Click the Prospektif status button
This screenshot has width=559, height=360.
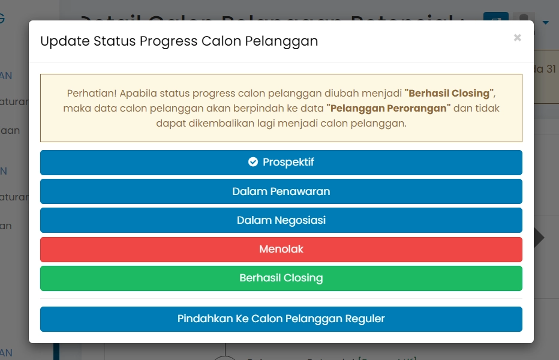(x=281, y=163)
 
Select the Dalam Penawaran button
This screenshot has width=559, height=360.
(x=281, y=191)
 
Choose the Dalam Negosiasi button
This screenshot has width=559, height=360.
(x=281, y=220)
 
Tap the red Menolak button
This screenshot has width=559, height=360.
(x=281, y=249)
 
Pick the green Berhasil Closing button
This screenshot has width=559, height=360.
(x=281, y=278)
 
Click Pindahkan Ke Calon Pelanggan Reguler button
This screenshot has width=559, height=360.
(x=281, y=319)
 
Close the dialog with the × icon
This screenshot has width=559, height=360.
(x=517, y=38)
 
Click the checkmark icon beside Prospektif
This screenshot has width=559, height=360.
(x=253, y=162)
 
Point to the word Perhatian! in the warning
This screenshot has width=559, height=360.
(x=91, y=94)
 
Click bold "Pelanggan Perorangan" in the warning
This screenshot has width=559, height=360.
(x=388, y=109)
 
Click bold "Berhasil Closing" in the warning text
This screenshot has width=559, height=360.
(x=449, y=94)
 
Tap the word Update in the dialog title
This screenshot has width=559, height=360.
(x=59, y=41)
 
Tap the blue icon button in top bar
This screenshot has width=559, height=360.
(x=495, y=20)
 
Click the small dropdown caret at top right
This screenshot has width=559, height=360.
(x=546, y=23)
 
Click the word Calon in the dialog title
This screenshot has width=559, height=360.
(x=221, y=41)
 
